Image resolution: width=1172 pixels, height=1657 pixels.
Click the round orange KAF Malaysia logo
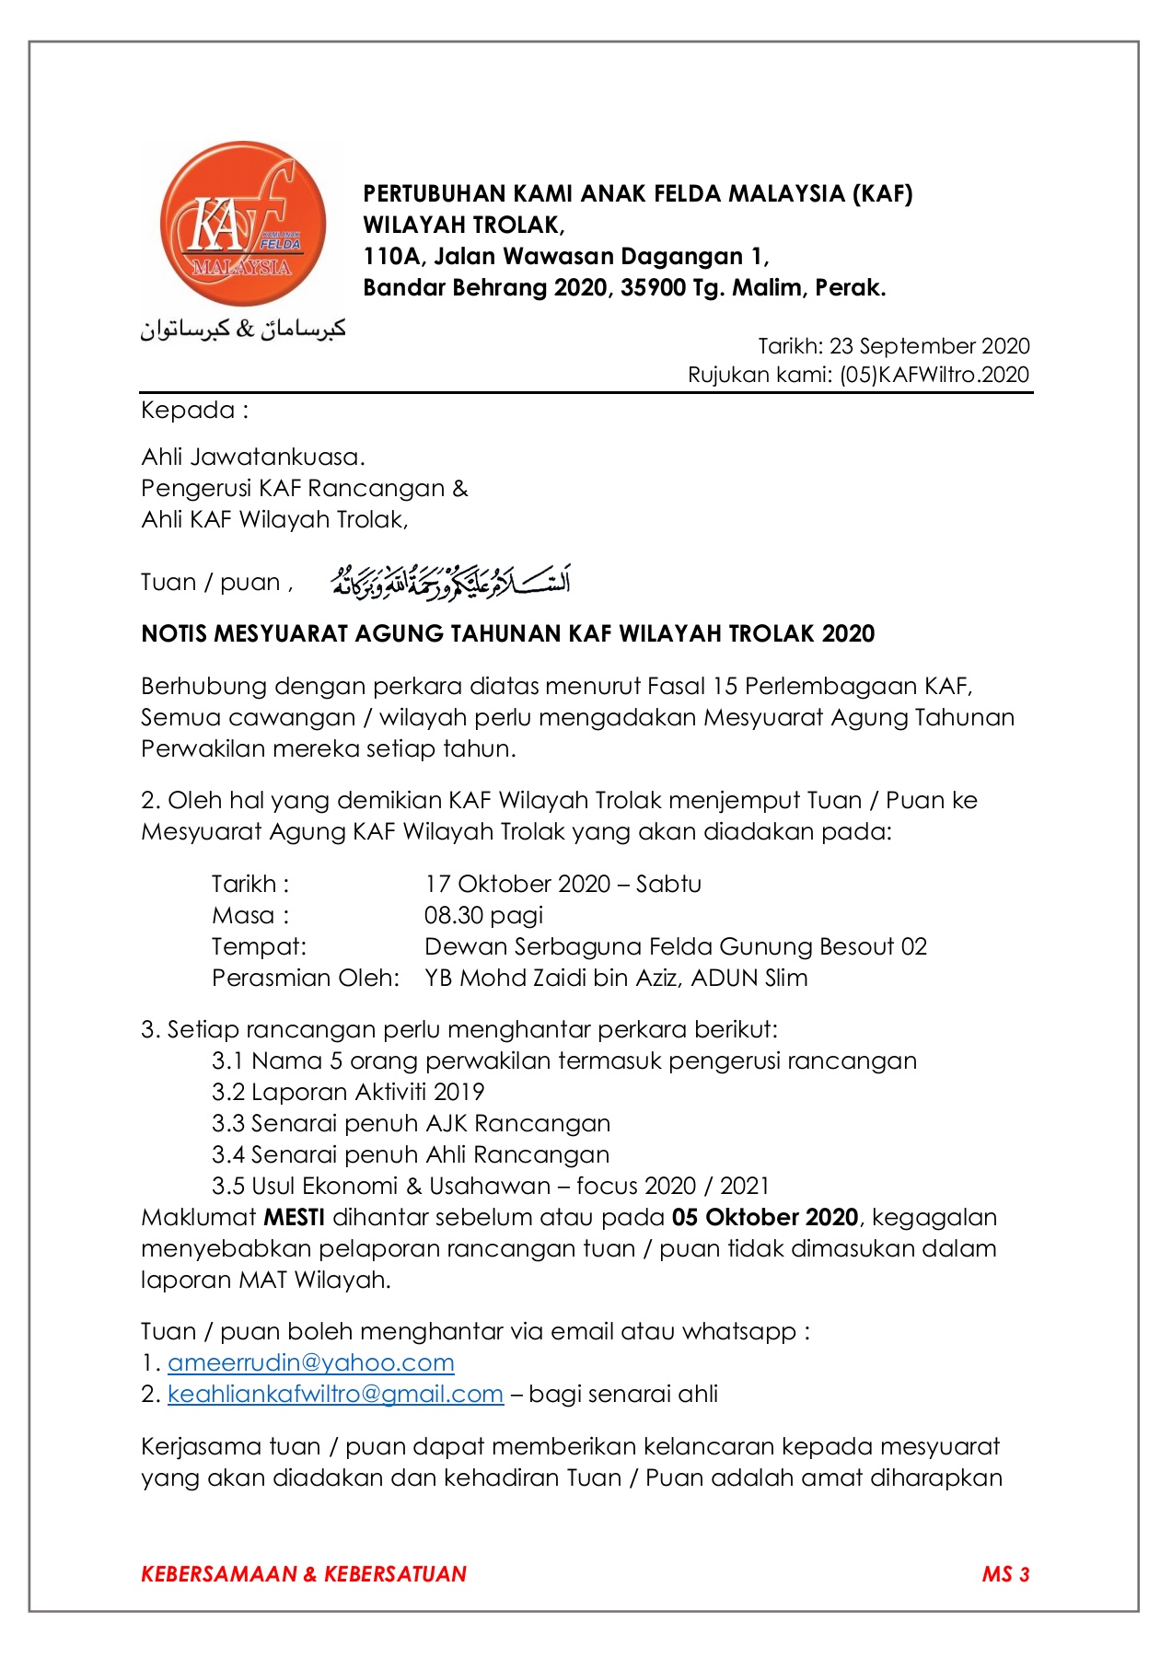click(x=242, y=224)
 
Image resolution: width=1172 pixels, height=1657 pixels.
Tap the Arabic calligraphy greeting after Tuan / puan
click(x=450, y=582)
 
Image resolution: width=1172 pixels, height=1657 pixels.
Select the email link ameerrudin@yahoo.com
click(x=310, y=1363)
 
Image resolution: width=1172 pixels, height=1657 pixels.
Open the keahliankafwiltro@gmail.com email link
click(x=335, y=1395)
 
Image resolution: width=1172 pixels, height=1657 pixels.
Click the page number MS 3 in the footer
click(x=1005, y=1574)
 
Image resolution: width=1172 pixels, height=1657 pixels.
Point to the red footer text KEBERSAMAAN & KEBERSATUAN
click(x=304, y=1574)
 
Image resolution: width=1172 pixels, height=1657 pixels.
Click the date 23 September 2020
click(x=929, y=346)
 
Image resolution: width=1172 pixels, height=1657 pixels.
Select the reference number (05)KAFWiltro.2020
click(x=934, y=375)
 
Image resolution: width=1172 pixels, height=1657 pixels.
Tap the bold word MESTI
click(x=294, y=1218)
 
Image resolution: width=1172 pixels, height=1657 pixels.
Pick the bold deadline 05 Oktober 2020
click(x=764, y=1218)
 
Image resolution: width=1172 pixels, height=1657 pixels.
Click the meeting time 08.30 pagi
click(x=483, y=916)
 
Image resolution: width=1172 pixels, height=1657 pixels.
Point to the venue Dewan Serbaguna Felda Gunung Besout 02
click(x=675, y=947)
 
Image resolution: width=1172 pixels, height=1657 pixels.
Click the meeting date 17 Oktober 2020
click(x=517, y=885)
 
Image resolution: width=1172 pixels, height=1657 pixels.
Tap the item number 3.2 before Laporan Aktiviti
click(x=227, y=1093)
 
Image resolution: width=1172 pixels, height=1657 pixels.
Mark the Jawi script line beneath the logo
click(x=242, y=329)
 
